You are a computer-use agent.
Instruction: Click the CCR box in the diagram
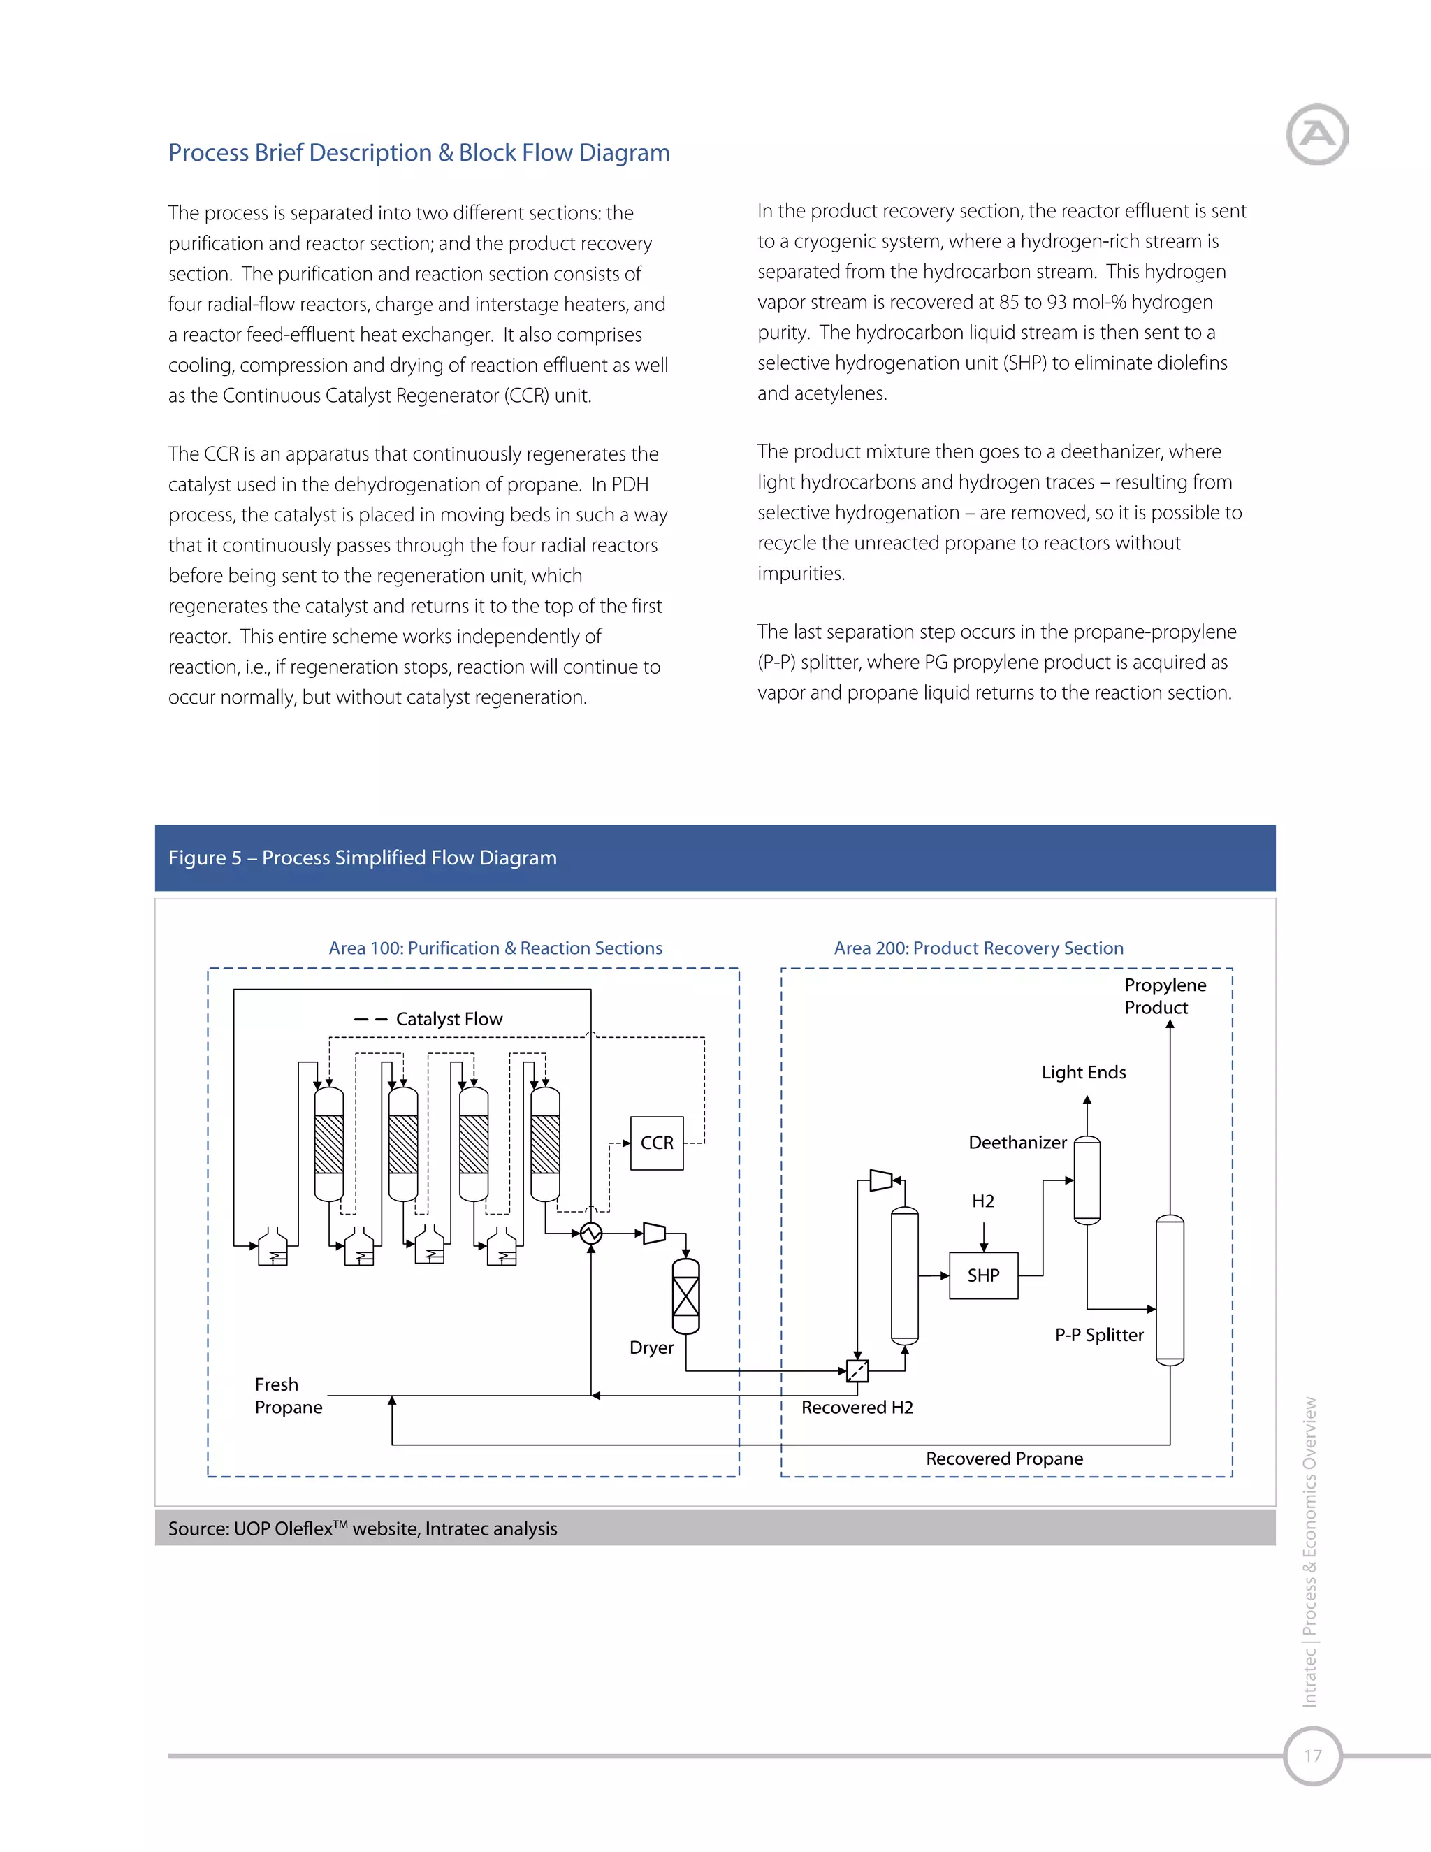pos(657,1143)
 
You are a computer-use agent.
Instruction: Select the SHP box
pos(983,1275)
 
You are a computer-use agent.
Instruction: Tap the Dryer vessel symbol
pos(686,1296)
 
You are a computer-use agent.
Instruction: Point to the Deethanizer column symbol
pos(1087,1180)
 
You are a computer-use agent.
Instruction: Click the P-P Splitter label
pos(1098,1335)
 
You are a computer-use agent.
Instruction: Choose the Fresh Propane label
pos(289,1396)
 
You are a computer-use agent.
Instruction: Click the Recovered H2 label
pos(857,1408)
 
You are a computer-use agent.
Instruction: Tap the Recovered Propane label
pos(1004,1459)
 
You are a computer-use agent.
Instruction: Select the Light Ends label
pos(1084,1073)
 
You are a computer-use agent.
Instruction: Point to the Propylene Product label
pos(1164,997)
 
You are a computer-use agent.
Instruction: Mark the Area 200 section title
pos(978,948)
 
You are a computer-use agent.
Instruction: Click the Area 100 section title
pos(495,948)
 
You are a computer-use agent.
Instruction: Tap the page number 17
pos(1312,1756)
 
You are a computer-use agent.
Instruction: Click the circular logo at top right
pos(1316,134)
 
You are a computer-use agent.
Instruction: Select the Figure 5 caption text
pos(362,858)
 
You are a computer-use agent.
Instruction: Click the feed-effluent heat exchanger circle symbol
pos(591,1233)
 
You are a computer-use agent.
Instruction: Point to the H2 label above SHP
pos(982,1201)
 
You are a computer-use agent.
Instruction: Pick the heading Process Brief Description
pos(419,152)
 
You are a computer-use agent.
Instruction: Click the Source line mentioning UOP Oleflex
pos(362,1529)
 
